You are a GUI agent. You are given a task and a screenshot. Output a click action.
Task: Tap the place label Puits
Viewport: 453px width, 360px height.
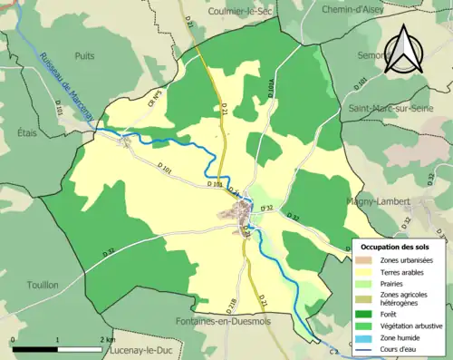(x=85, y=55)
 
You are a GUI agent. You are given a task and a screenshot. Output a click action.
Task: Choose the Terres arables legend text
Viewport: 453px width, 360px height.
(x=403, y=270)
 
